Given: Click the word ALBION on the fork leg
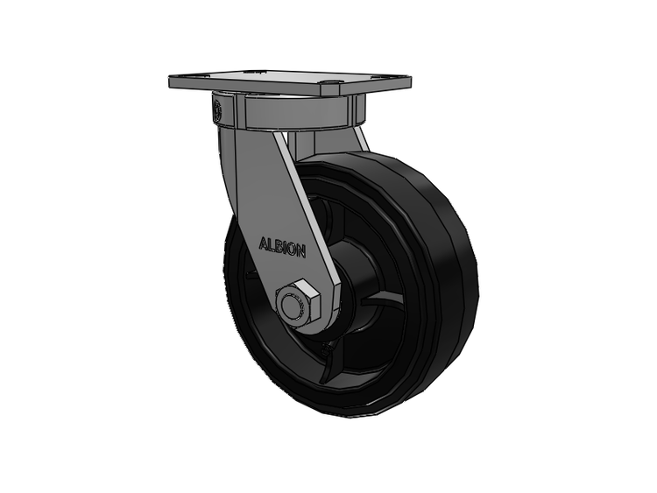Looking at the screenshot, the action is click(282, 248).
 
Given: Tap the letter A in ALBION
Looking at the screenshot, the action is click(263, 243).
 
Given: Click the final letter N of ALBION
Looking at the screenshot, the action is click(300, 251).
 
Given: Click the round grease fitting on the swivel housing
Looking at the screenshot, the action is click(217, 110).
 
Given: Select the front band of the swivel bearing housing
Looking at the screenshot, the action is click(294, 113).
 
